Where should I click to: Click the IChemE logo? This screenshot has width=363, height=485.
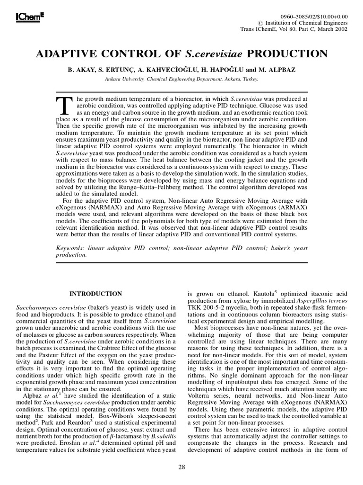[x=24, y=17]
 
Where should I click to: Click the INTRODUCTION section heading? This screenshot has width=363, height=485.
[x=95, y=294]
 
